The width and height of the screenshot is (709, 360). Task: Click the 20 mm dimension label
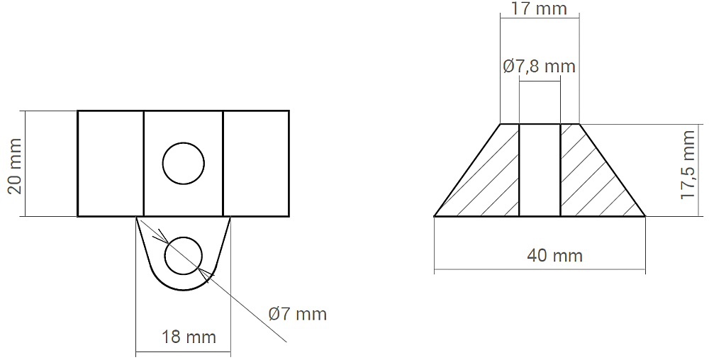(16, 166)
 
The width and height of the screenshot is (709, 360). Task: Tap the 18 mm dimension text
(189, 337)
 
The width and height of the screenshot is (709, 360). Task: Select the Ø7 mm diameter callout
(297, 313)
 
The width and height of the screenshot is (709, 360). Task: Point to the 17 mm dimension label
(538, 8)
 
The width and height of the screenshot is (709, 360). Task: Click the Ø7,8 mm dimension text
(539, 67)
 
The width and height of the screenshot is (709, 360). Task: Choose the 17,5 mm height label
(688, 164)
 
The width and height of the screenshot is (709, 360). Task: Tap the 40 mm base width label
(554, 256)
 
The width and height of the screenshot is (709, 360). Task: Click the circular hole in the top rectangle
(183, 163)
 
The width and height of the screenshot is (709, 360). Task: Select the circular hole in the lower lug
(183, 256)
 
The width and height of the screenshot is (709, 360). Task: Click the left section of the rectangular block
(111, 164)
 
